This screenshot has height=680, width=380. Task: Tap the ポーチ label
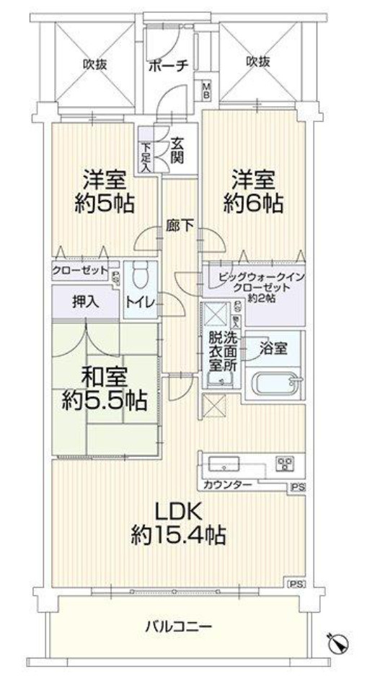pos(168,66)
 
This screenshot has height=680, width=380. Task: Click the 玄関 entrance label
pos(177,150)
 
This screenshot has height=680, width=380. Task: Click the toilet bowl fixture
pos(139,276)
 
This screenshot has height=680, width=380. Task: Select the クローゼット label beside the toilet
pos(80,271)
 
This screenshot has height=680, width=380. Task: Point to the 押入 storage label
pos(85,302)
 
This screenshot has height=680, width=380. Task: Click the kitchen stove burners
pos(286,464)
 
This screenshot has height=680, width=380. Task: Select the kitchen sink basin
pos(224,463)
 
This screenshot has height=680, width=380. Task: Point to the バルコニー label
pos(179,627)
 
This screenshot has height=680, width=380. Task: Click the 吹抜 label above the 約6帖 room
pos(258,62)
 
